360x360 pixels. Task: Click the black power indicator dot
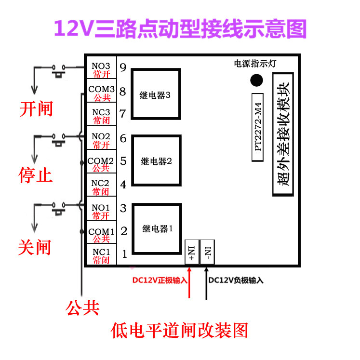click(x=257, y=80)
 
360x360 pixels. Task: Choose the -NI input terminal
click(x=207, y=252)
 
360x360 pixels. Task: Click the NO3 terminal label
click(x=101, y=67)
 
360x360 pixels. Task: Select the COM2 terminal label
click(x=101, y=160)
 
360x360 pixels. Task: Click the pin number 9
click(x=123, y=67)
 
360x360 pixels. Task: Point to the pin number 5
click(x=123, y=161)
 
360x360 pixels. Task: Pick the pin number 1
click(x=124, y=253)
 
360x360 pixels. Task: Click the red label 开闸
click(x=36, y=109)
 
